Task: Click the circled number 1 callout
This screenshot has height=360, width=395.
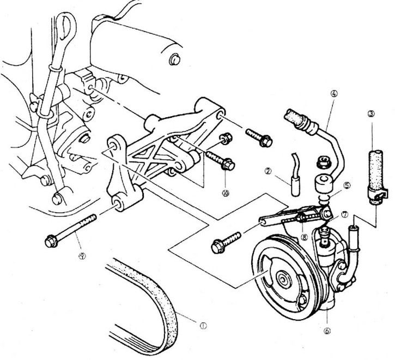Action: (203, 326)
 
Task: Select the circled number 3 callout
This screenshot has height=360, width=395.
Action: (372, 114)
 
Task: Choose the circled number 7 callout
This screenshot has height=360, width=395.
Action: (344, 215)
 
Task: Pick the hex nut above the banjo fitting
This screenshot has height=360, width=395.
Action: (321, 162)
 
